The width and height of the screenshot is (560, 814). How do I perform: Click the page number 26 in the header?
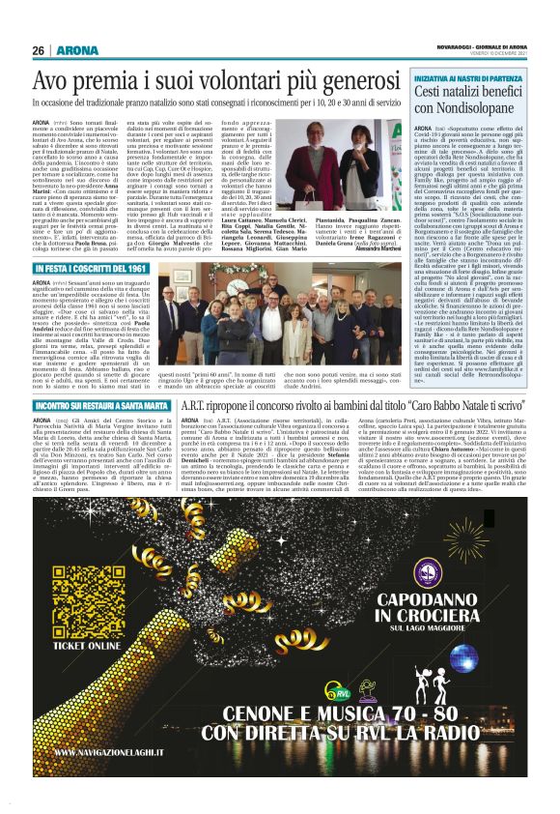click(38, 51)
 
